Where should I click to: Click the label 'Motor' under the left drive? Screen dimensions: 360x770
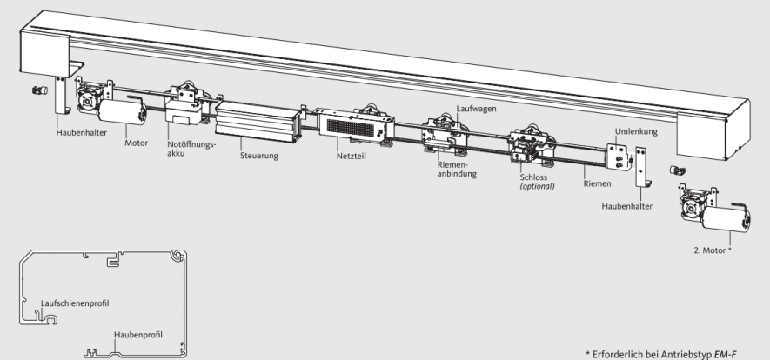coord(137,142)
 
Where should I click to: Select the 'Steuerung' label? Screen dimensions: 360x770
coord(260,157)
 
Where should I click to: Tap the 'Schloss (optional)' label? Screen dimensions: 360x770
coord(533,180)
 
